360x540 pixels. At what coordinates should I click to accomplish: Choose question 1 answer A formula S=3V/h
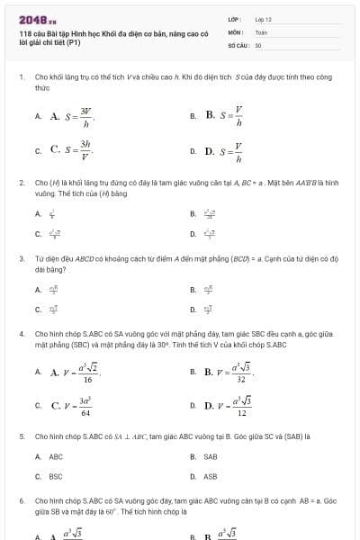(72, 116)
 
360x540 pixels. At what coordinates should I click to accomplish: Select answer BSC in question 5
(56, 476)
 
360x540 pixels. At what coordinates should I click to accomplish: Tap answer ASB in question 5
(211, 476)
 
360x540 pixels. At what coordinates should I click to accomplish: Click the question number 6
(21, 499)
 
